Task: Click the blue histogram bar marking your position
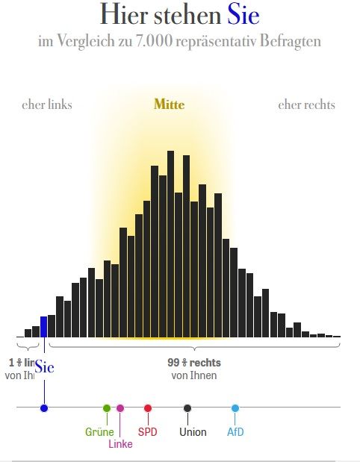(43, 327)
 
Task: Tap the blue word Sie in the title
(244, 15)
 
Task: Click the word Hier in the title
(123, 15)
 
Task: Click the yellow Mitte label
(169, 104)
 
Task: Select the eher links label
(47, 104)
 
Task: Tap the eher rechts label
(306, 104)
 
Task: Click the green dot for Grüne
(107, 408)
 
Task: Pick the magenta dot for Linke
(120, 408)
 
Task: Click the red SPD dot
(148, 408)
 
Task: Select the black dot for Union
(187, 408)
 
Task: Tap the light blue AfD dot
(235, 408)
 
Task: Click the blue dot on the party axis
(44, 408)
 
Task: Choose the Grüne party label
(99, 432)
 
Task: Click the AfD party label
(235, 432)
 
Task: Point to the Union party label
(193, 432)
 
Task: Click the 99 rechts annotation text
(194, 363)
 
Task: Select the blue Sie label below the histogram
(44, 367)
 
